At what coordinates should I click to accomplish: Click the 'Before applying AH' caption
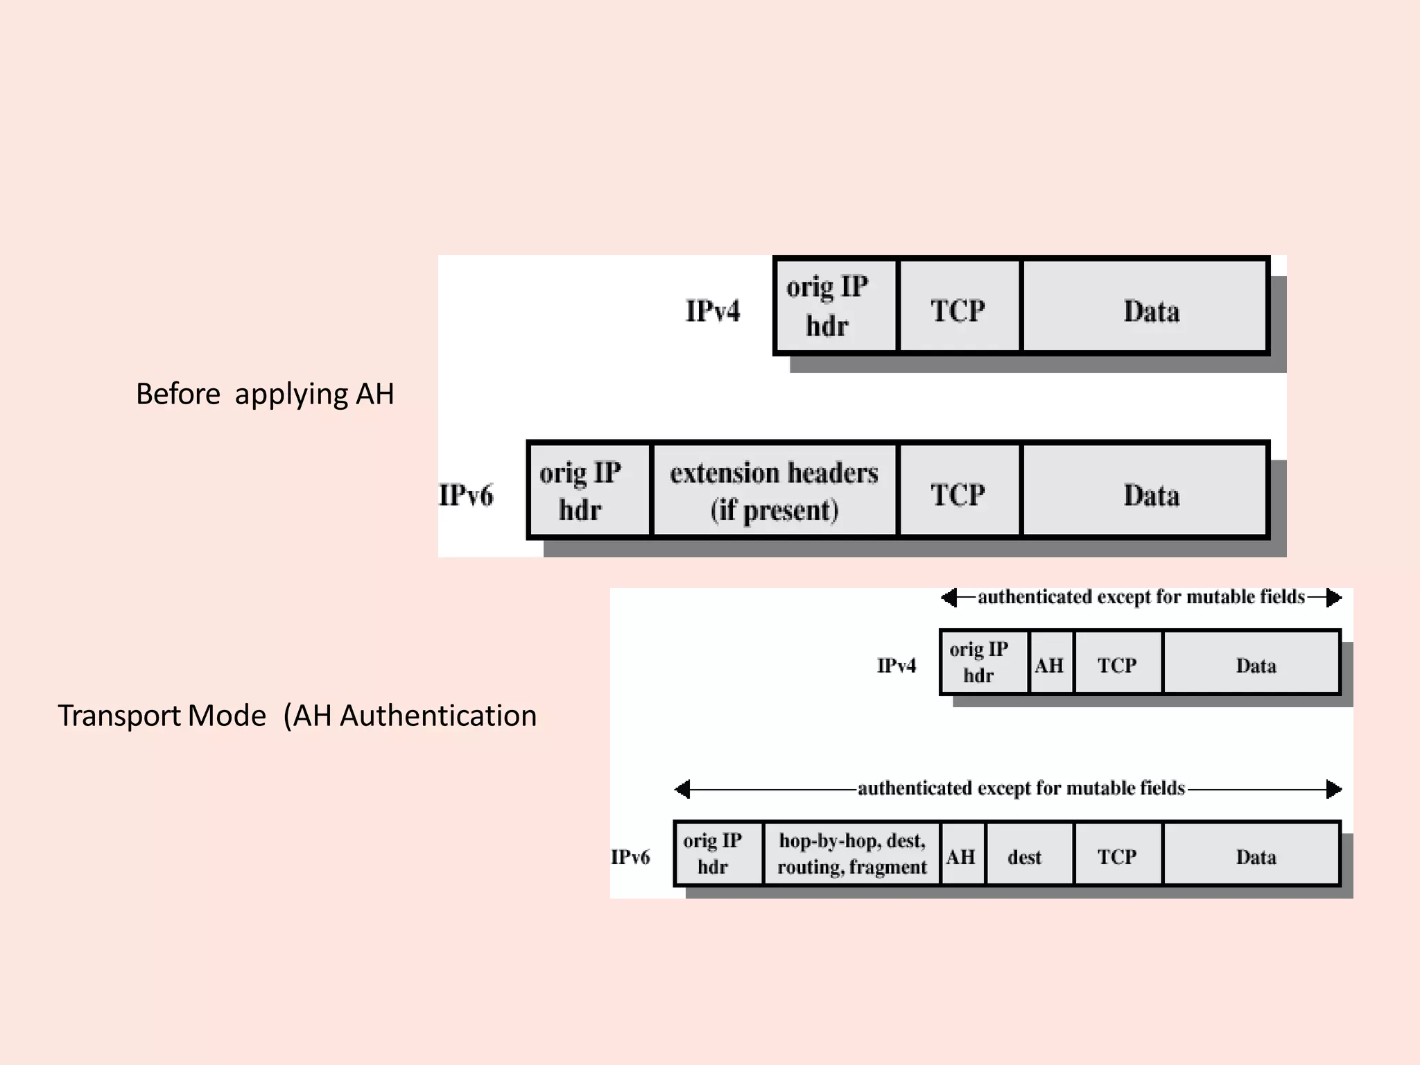pos(264,394)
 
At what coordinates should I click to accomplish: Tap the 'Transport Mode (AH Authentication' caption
pos(297,716)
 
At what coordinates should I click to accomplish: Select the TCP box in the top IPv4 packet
pos(958,307)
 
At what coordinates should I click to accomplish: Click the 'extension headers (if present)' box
pos(774,491)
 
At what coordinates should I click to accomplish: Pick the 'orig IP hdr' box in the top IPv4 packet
pos(835,307)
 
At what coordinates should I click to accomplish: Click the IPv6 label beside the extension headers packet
pos(466,495)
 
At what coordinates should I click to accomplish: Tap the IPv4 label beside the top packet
pos(712,311)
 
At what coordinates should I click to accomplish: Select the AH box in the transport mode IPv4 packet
pos(1050,664)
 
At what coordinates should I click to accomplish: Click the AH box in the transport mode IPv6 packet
pos(961,854)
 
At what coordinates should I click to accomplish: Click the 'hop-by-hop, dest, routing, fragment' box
pos(851,854)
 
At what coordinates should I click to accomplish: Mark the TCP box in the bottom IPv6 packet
pos(1117,854)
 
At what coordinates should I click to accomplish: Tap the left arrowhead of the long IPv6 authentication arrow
pos(683,789)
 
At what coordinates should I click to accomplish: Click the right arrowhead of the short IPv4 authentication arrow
pos(1333,598)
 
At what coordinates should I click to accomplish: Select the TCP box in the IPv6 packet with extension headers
pos(958,491)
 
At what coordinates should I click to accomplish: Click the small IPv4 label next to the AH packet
pos(896,666)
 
